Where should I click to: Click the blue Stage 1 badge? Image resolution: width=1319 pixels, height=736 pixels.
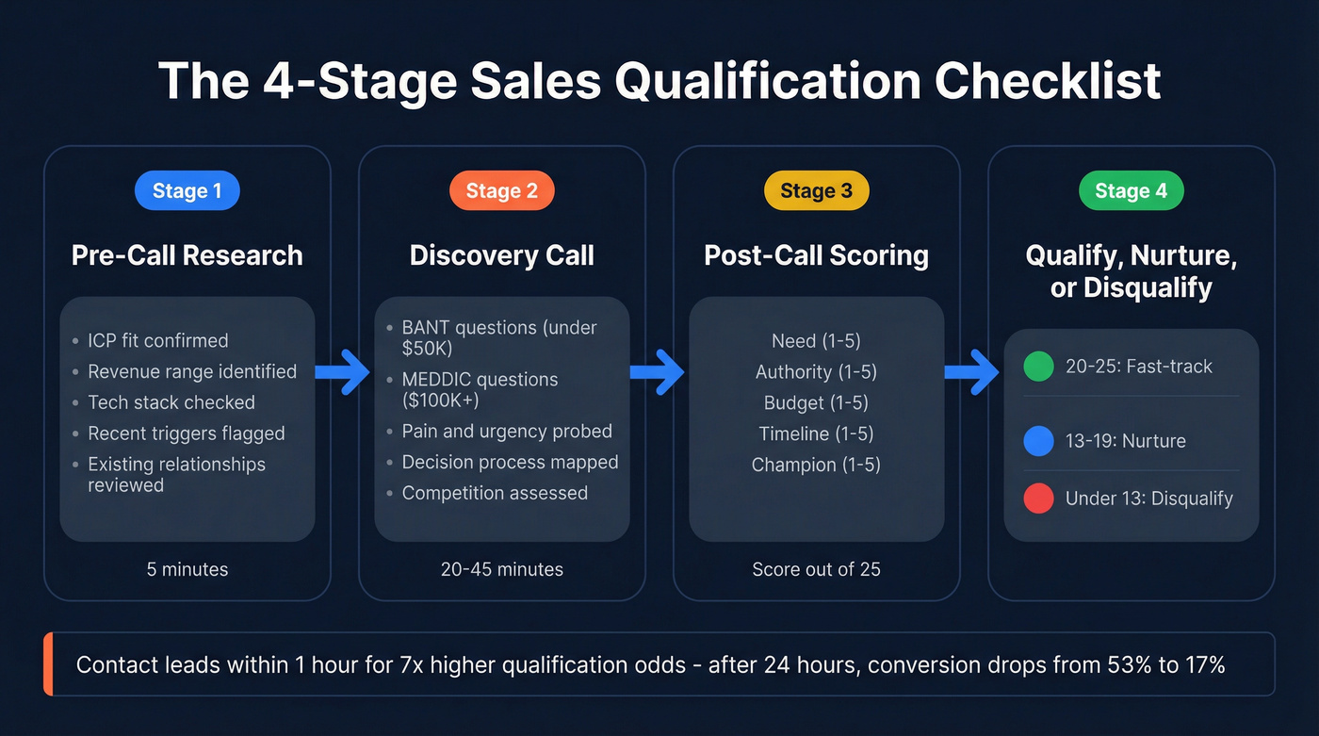[187, 191]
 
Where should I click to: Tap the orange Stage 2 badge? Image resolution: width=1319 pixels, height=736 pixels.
[501, 191]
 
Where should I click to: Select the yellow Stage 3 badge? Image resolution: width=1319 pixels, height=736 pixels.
[816, 191]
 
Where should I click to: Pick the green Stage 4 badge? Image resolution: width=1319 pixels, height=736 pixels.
[1131, 191]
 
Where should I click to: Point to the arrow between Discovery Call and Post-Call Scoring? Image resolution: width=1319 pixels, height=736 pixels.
[659, 373]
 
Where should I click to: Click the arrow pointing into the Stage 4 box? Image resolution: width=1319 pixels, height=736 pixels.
[973, 373]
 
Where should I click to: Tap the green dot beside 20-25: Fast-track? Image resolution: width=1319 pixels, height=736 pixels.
[1038, 367]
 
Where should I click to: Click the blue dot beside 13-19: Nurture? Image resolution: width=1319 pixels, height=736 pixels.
[1038, 441]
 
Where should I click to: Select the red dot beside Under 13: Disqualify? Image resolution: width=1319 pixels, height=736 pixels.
[1038, 499]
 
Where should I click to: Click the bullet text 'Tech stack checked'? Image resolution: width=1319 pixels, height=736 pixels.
[171, 402]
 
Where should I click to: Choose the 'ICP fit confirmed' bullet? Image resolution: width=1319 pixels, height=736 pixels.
[158, 340]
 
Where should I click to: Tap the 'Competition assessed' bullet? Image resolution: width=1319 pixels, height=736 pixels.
[495, 493]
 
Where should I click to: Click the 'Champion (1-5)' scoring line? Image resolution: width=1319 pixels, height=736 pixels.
[816, 465]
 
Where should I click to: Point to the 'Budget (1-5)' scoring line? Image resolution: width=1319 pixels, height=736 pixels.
[816, 402]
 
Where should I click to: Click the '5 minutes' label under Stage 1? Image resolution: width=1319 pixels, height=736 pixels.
[187, 569]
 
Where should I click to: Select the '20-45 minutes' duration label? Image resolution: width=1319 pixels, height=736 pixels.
[501, 569]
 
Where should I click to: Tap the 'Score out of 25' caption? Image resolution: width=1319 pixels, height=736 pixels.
[816, 569]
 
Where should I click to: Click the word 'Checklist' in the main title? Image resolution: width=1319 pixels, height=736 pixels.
[1048, 81]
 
